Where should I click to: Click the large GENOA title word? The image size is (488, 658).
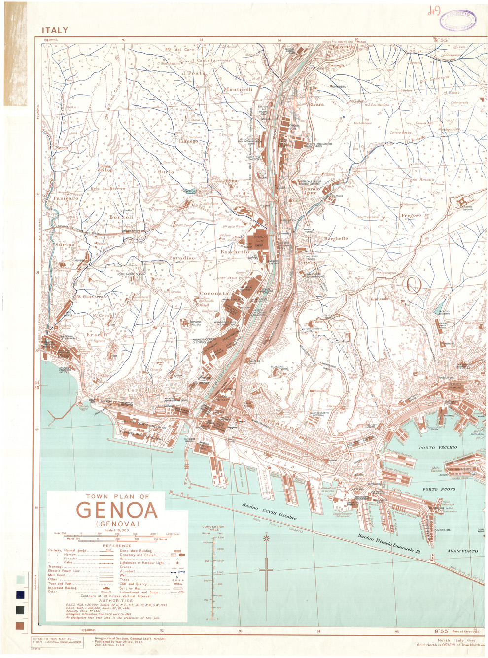tap(117, 510)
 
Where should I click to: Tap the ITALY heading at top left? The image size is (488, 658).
tap(55, 31)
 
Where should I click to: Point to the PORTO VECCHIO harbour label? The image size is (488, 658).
tap(438, 448)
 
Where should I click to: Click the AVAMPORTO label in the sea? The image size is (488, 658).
tap(462, 551)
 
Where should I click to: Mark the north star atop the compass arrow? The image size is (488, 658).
tap(267, 538)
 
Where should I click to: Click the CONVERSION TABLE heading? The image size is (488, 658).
tap(213, 528)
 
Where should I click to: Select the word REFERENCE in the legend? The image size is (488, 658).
tap(117, 546)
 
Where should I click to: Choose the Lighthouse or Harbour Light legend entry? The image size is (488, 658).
tap(142, 562)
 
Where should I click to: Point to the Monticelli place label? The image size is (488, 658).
tap(238, 90)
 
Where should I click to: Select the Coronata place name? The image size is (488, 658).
tap(213, 293)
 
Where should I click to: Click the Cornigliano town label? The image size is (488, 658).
tap(144, 390)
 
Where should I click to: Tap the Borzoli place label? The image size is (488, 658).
tap(121, 217)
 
